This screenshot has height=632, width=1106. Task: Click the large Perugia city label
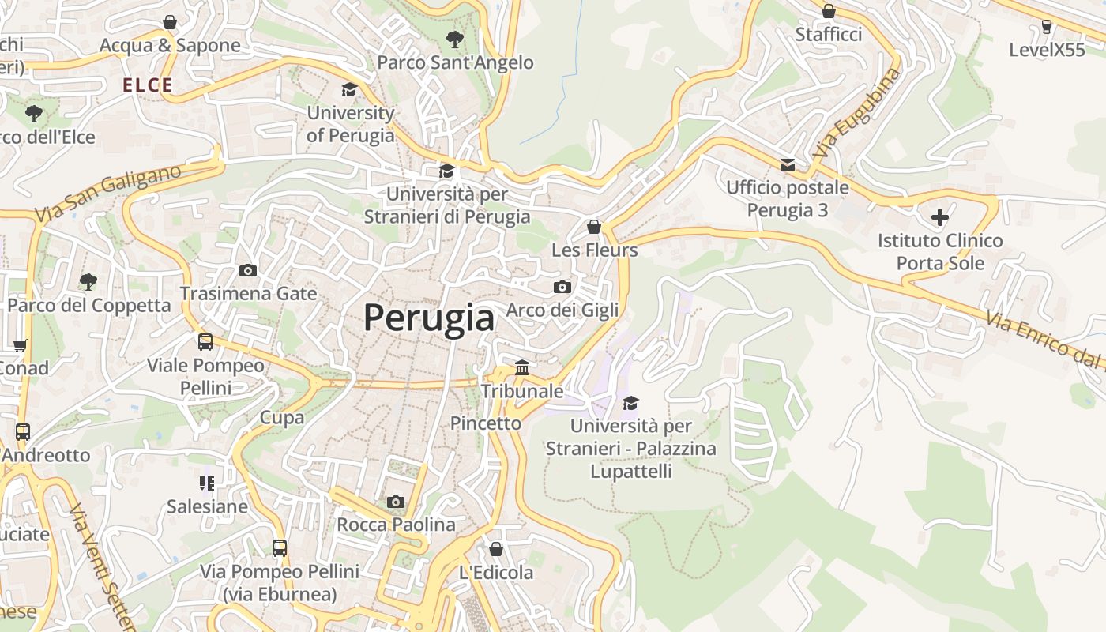[x=429, y=318]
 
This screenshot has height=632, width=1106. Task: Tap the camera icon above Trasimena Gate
[x=248, y=271]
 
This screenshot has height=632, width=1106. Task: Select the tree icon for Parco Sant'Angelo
[x=455, y=39]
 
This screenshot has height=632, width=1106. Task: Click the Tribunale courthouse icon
[x=522, y=367]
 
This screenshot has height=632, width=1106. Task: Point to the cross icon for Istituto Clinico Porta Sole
[x=940, y=217]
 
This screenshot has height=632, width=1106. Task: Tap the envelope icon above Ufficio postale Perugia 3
[x=788, y=164]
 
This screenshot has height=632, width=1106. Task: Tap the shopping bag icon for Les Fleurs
[x=594, y=228]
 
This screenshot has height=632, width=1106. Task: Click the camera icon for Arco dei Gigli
[x=562, y=287]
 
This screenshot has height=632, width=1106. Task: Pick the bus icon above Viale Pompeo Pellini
[x=205, y=342]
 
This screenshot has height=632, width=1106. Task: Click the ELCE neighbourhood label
[x=147, y=85]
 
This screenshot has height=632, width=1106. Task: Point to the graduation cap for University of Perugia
[x=349, y=90]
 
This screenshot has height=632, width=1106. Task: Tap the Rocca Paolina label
[x=396, y=525]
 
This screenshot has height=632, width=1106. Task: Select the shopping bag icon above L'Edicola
[x=496, y=549]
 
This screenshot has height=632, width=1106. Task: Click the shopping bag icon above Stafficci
[x=828, y=12]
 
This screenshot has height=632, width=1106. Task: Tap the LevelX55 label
[x=1047, y=50]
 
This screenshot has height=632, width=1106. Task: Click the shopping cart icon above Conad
[x=21, y=345]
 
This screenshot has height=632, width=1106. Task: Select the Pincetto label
[x=486, y=423]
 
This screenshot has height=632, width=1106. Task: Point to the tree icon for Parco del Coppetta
[x=88, y=282]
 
